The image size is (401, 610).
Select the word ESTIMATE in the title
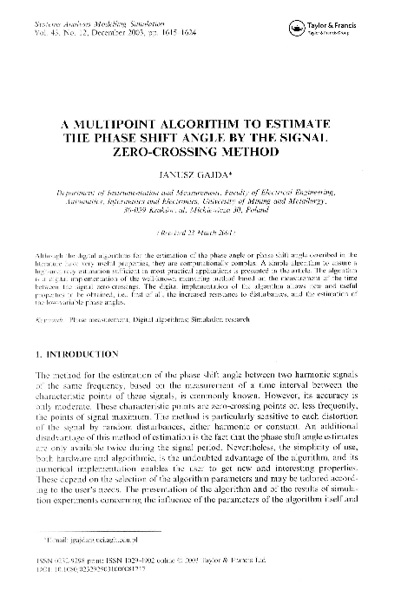tap(290, 124)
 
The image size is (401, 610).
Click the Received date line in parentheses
tap(200, 233)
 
